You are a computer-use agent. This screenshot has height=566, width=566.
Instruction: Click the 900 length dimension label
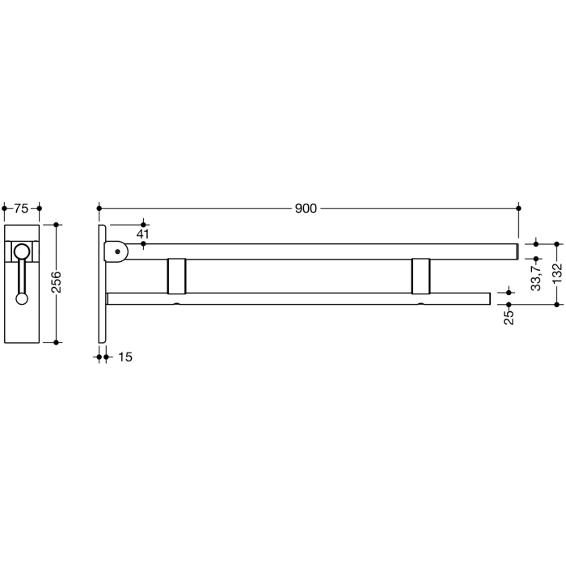pos(305,209)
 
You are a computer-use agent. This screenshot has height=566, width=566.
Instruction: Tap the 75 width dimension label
pos(22,209)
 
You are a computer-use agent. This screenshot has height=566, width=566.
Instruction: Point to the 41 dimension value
pos(143,234)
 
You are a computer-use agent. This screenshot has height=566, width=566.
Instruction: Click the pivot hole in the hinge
pos(119,251)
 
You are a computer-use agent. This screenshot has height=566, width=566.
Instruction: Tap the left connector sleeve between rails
pos(176,276)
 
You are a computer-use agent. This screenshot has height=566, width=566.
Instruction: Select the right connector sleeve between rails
pos(421,276)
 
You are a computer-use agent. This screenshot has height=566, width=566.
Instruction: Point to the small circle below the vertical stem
pos(22,298)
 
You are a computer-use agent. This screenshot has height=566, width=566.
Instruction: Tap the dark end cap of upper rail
pos(517,251)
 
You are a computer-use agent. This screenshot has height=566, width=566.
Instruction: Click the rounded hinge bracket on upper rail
pos(117,251)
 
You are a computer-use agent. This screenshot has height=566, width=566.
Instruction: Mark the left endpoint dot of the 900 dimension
pos(99,209)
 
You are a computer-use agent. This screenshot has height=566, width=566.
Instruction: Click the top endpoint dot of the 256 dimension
pos(57,224)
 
